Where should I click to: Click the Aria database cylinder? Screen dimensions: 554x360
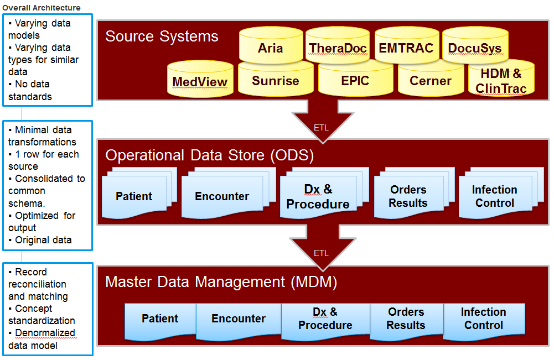click(271, 45)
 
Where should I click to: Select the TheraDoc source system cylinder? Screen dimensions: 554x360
click(338, 45)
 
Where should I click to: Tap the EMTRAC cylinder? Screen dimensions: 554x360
click(407, 45)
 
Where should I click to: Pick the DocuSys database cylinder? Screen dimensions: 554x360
click(475, 45)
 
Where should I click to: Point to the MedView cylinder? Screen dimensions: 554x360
click(200, 79)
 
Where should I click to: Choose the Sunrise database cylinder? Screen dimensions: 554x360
click(276, 79)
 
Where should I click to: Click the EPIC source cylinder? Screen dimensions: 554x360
click(355, 79)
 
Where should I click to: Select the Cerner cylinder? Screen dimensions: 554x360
click(431, 79)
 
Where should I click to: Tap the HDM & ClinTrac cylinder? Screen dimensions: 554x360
click(501, 79)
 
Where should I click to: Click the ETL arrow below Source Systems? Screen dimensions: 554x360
click(323, 122)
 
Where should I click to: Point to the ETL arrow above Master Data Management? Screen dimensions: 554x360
click(323, 248)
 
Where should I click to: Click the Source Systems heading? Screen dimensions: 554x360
click(162, 36)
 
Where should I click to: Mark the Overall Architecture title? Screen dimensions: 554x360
click(42, 7)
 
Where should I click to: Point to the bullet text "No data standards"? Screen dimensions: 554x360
click(30, 90)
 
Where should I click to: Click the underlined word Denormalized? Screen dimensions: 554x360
click(45, 333)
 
